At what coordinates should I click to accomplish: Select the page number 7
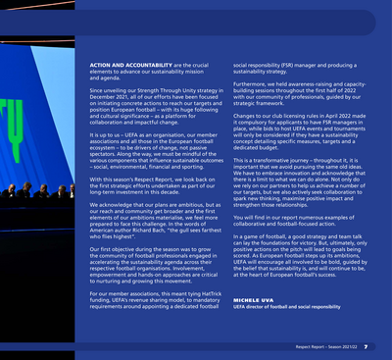coord(366,346)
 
